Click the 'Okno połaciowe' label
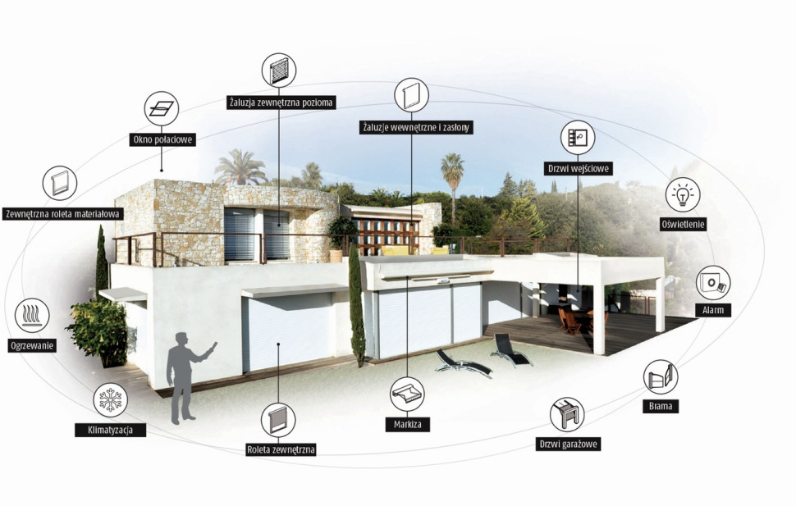click(162, 139)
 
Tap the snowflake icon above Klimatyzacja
click(111, 399)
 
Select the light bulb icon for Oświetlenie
click(683, 194)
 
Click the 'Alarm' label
click(713, 310)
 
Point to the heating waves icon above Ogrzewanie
click(33, 315)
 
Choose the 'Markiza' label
click(408, 424)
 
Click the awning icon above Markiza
click(407, 394)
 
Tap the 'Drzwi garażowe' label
click(568, 444)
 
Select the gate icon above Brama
click(661, 376)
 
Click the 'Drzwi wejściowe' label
click(579, 168)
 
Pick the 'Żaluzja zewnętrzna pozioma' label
click(281, 102)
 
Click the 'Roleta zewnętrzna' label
click(281, 449)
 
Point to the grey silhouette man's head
click(181, 339)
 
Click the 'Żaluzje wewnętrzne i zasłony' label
click(416, 127)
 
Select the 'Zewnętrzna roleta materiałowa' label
click(63, 214)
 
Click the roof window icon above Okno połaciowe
click(162, 108)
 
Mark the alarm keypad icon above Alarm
click(713, 283)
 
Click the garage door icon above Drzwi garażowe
click(567, 414)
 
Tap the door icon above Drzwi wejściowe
click(578, 138)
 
